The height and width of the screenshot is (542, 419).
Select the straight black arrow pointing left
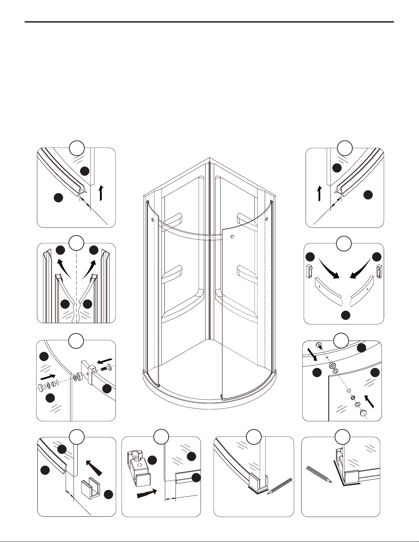coord(105,361)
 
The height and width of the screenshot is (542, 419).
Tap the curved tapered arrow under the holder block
coord(147,494)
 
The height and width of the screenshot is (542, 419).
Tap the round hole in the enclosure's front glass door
coord(232,237)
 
